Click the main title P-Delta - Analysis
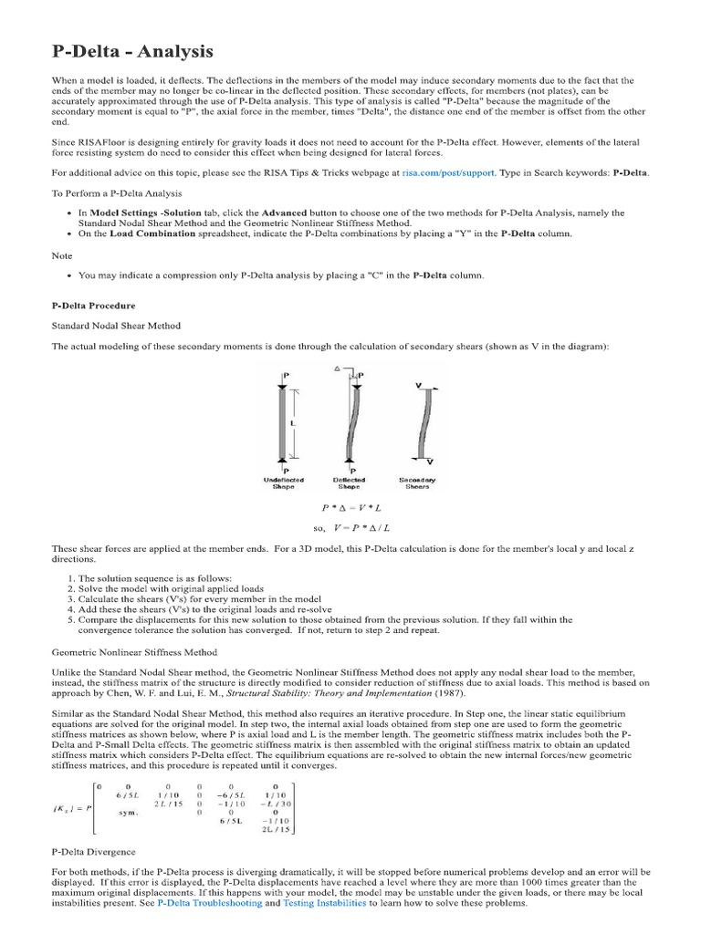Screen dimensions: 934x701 132,52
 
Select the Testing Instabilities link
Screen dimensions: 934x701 326,903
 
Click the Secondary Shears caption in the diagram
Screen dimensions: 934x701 417,483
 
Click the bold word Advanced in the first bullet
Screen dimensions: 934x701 285,213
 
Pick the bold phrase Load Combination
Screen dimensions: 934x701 152,233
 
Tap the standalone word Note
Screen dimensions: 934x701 62,255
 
